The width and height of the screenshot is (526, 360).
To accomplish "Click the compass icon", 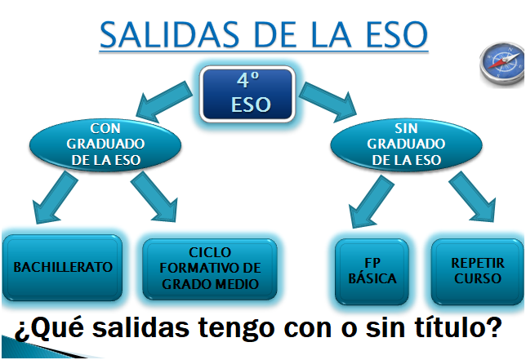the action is click(x=502, y=63).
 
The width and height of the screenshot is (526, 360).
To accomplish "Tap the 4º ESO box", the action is click(x=247, y=94).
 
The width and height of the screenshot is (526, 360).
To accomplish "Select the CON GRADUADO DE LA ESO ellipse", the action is click(x=105, y=144).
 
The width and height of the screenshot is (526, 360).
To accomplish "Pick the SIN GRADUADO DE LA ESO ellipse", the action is click(x=406, y=144).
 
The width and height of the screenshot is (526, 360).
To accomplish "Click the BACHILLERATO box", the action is click(x=62, y=268).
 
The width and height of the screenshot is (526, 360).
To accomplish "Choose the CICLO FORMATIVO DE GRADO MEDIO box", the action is click(x=210, y=269).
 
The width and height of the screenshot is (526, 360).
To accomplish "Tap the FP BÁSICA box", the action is click(x=372, y=271).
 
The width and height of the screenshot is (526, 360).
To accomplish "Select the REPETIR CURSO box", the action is click(x=477, y=271).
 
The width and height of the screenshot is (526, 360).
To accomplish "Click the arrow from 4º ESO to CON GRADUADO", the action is click(x=163, y=101).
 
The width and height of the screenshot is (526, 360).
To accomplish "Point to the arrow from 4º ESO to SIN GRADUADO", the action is click(x=328, y=101).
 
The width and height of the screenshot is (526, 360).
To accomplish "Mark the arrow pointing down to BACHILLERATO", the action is click(x=55, y=197).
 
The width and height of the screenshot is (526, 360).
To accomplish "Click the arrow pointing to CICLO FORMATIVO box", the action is click(x=154, y=197).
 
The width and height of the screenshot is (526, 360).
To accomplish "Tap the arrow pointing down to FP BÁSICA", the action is click(x=372, y=201).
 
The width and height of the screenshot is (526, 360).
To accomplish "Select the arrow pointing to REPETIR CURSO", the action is click(x=472, y=197).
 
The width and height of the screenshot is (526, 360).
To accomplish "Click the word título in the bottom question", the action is click(x=459, y=327).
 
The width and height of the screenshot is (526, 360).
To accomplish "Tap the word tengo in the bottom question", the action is click(x=237, y=328).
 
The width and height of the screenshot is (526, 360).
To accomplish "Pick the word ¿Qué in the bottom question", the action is click(x=49, y=328).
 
